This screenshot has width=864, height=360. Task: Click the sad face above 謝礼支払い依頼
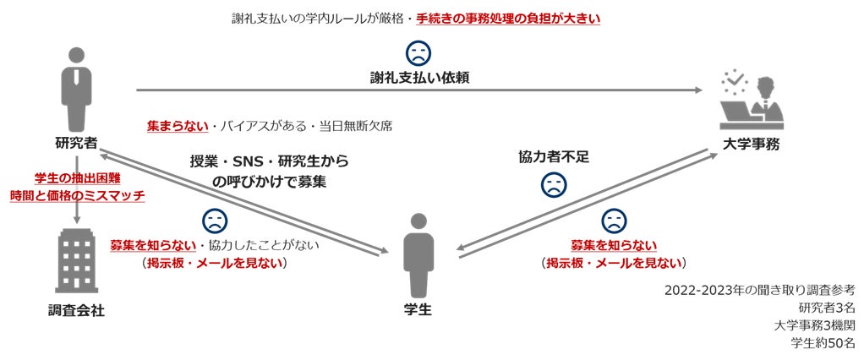[419, 52]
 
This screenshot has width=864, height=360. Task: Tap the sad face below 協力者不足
[552, 185]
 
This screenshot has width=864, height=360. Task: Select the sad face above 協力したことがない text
[215, 221]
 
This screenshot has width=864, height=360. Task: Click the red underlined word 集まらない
[178, 126]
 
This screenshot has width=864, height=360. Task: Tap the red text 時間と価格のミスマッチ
[77, 196]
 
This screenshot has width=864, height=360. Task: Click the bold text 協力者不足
[552, 157]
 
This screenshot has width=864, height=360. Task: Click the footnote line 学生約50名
[823, 343]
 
